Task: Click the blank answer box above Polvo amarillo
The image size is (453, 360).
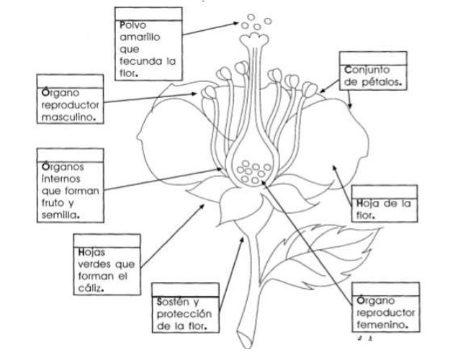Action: click(x=146, y=13)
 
